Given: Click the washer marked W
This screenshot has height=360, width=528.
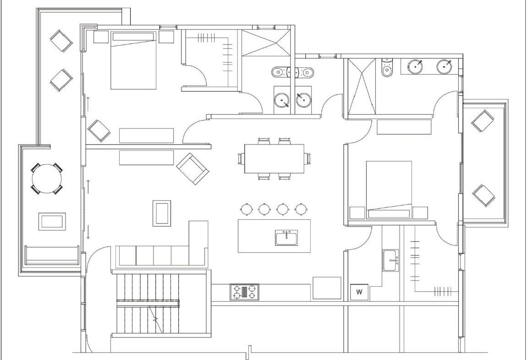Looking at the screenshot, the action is pyautogui.click(x=359, y=292).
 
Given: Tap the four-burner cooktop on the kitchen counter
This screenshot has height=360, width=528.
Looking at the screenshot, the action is pyautogui.click(x=245, y=292).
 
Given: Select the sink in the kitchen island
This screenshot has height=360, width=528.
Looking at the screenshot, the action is pyautogui.click(x=286, y=238).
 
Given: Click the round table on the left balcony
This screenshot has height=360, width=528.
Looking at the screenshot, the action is pyautogui.click(x=47, y=178).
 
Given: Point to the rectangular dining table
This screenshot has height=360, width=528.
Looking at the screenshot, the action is pyautogui.click(x=275, y=159).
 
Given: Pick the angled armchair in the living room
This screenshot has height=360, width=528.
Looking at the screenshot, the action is pyautogui.click(x=192, y=169).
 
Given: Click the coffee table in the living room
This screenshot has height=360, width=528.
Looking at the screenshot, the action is pyautogui.click(x=162, y=213).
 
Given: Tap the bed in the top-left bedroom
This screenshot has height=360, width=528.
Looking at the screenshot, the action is pyautogui.click(x=134, y=61).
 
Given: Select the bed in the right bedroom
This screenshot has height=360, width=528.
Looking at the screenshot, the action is pyautogui.click(x=389, y=190).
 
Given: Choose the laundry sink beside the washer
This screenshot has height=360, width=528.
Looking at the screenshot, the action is pyautogui.click(x=390, y=260).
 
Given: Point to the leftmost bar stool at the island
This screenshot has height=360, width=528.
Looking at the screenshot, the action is pyautogui.click(x=246, y=209).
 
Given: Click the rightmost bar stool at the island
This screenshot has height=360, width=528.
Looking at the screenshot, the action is pyautogui.click(x=300, y=209).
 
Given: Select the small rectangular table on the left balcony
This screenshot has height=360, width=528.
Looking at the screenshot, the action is pyautogui.click(x=52, y=222).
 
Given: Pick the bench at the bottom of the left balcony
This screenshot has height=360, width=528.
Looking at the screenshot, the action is pyautogui.click(x=52, y=255).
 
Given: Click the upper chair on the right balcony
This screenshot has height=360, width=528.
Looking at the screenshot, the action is pyautogui.click(x=483, y=121).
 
